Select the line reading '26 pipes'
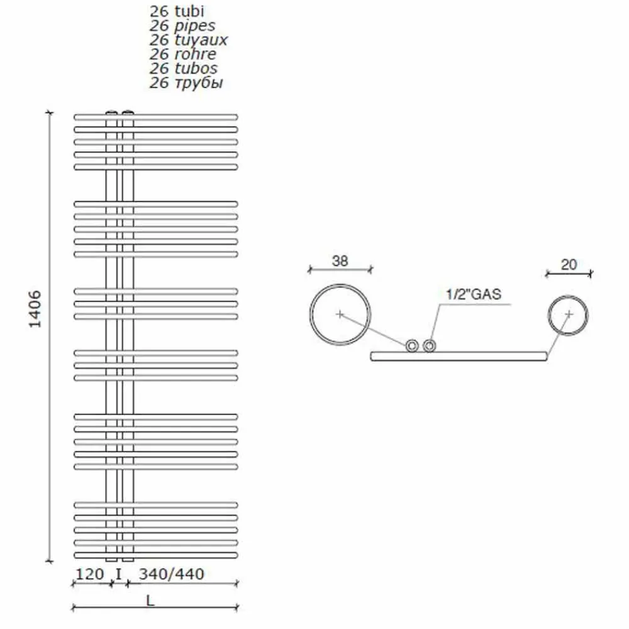pos(182,25)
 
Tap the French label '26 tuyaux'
pos(188,40)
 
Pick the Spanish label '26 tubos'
pos(183,68)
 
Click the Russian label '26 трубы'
pos(186,82)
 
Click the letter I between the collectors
pos(119,573)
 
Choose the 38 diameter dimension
pos(340,260)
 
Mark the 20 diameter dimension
pos(569,264)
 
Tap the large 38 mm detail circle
pos(340,313)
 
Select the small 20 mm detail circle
pos(569,314)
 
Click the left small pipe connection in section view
pos(412,345)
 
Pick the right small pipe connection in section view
pos(430,345)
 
